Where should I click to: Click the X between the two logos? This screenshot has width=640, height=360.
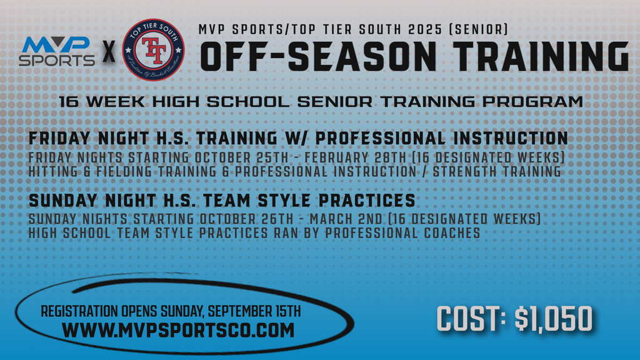click(x=109, y=52)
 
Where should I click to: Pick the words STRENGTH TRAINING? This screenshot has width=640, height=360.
click(x=494, y=171)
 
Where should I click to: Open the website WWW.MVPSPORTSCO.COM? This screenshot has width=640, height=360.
click(x=178, y=329)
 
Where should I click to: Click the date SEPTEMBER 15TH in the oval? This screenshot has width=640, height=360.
click(x=254, y=311)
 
